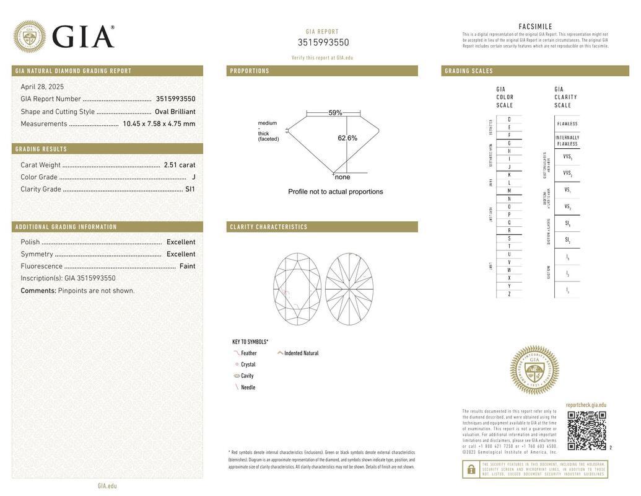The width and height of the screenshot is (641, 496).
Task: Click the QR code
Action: tap(586, 430)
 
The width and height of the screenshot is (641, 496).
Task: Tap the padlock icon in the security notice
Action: tap(471, 469)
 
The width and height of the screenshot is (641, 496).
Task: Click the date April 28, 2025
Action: tap(42, 87)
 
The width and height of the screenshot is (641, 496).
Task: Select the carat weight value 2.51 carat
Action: tap(180, 165)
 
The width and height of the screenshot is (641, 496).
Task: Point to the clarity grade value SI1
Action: tap(190, 189)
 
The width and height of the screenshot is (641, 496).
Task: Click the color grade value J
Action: tap(194, 177)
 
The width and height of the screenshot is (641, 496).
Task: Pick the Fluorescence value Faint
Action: tap(187, 266)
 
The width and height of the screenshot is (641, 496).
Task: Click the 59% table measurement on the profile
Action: tap(335, 113)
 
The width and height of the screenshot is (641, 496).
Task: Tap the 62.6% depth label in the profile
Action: tap(347, 138)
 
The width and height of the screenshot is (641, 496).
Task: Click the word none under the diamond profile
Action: tap(342, 177)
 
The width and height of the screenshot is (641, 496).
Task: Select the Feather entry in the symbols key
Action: tap(248, 353)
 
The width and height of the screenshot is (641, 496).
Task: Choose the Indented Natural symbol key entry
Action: tap(301, 353)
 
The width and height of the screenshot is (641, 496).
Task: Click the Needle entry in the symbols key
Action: tap(248, 387)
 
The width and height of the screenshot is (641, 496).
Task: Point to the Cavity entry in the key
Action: tap(247, 376)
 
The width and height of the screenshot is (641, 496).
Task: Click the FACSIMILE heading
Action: tap(535, 27)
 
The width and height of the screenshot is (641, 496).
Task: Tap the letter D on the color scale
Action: tap(509, 119)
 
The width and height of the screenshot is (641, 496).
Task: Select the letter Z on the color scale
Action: tap(509, 294)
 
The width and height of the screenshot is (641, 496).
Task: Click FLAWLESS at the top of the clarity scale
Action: tap(567, 124)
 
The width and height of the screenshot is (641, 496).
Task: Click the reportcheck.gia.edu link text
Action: tap(586, 405)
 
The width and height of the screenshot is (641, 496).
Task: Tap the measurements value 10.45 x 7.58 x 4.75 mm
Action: tap(159, 124)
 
